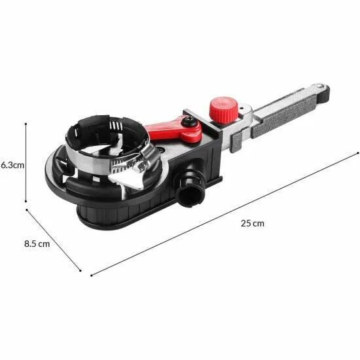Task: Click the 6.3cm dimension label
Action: coord(12,165)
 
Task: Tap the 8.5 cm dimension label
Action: coord(37,244)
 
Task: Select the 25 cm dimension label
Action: coord(253,223)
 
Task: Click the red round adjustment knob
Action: coord(223,110)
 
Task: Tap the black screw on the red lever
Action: coord(190,121)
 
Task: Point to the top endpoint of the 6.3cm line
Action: coord(26,124)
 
